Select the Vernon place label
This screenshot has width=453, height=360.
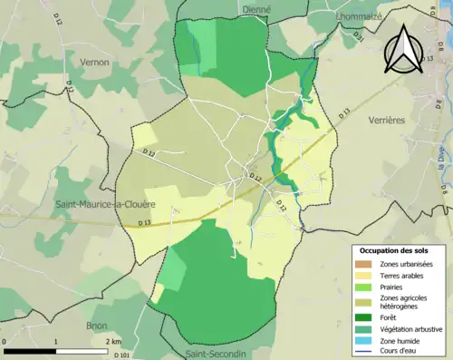(94, 62)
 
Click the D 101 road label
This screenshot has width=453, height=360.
(121, 355)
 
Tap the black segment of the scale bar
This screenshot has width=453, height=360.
(30, 350)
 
